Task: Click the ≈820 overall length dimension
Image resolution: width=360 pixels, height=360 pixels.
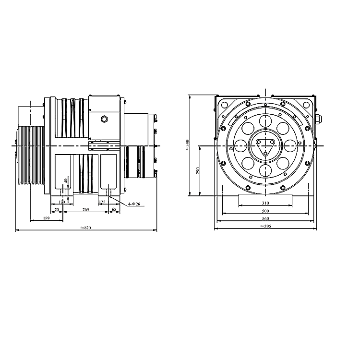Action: tap(86, 228)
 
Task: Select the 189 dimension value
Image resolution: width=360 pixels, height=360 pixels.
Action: tap(46, 218)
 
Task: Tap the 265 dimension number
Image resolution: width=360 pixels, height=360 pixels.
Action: tap(85, 210)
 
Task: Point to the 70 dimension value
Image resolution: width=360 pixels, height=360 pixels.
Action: tap(56, 210)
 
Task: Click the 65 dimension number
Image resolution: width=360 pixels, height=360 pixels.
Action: tap(114, 210)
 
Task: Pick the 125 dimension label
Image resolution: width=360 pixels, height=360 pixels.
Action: tap(101, 202)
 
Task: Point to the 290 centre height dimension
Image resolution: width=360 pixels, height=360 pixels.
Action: tap(198, 170)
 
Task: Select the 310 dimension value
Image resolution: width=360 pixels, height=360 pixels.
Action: tap(265, 203)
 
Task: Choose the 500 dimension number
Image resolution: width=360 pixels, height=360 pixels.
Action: tap(265, 211)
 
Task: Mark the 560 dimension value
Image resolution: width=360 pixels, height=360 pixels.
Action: tap(265, 219)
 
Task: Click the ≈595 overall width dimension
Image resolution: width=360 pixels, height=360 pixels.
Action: tap(265, 226)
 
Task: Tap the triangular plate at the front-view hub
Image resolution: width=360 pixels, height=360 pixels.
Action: tap(265, 144)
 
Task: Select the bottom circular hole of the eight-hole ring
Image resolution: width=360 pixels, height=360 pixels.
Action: tap(265, 170)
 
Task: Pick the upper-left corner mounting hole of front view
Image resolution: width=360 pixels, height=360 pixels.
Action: tap(224, 104)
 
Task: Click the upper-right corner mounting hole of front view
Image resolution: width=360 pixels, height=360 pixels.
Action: tap(306, 104)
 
